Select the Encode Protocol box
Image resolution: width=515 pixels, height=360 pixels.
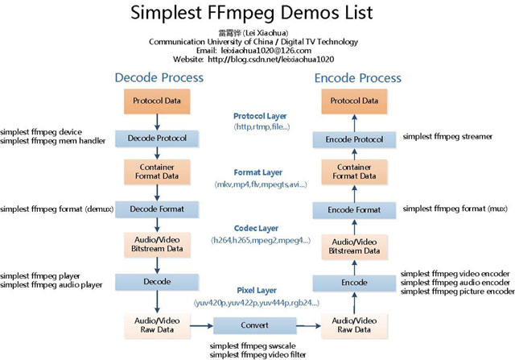[x=356, y=138]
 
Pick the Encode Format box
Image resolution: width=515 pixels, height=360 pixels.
[x=356, y=209]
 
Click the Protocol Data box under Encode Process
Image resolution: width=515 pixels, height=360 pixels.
[x=356, y=101]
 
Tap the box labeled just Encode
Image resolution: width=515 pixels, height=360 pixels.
[x=356, y=283]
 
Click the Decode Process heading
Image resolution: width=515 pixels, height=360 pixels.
[x=159, y=77]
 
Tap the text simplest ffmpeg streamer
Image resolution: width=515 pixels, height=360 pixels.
[x=447, y=137]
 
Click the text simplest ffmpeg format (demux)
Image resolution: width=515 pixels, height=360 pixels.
[x=56, y=209]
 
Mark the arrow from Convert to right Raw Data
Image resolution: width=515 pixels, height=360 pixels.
[x=307, y=327]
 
